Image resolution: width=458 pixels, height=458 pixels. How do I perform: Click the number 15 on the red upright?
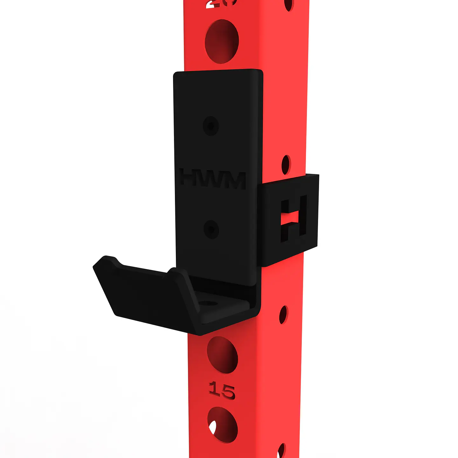pos(222,391)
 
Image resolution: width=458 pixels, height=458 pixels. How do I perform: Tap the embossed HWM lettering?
pos(212,179)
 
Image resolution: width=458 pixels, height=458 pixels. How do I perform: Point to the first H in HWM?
pos(190,177)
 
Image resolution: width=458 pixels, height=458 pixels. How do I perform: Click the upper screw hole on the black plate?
pos(211,126)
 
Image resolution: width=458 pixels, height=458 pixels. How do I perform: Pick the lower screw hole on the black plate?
pos(211,229)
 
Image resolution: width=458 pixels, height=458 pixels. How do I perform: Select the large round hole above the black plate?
pos(222,41)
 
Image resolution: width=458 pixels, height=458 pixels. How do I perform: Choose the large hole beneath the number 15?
pos(222,425)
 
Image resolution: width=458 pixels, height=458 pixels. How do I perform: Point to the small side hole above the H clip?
pos(286,164)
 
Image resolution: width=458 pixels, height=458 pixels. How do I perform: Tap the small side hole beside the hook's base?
pos(283,315)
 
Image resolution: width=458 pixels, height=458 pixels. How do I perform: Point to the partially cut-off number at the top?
pos(221,4)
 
